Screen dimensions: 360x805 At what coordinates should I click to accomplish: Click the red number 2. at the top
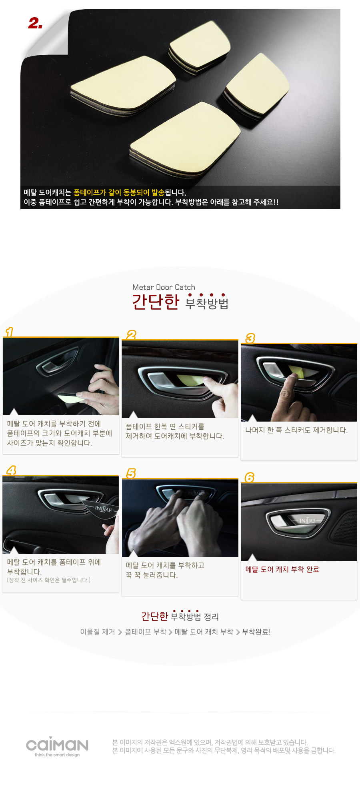coord(35,24)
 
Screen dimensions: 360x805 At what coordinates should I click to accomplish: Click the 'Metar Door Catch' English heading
coord(164,287)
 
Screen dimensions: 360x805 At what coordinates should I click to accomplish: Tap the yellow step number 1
coord(9,332)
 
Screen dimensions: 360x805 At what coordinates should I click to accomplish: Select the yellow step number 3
coord(250,338)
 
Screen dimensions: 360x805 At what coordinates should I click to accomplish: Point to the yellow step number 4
coord(11,471)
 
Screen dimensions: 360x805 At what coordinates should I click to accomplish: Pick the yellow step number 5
coord(131,474)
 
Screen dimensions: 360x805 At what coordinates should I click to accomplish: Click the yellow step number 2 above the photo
coord(131,335)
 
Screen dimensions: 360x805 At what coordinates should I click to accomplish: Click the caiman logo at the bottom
coord(57,744)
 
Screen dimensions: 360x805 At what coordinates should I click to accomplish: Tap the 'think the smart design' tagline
coord(57,755)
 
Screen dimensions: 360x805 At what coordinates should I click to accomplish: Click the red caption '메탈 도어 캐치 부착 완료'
coord(282,569)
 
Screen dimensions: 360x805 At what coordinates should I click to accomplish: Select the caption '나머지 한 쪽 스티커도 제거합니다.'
coord(296,430)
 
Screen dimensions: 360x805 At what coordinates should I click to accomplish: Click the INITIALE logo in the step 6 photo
coord(308,521)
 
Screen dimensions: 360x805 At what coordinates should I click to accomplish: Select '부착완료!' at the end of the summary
coord(256,632)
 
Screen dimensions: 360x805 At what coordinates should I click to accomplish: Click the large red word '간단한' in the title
coord(156,302)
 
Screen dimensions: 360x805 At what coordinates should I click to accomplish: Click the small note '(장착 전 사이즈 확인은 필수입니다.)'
coord(49,580)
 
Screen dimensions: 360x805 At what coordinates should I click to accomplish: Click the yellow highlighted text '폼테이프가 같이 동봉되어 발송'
coord(119,192)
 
